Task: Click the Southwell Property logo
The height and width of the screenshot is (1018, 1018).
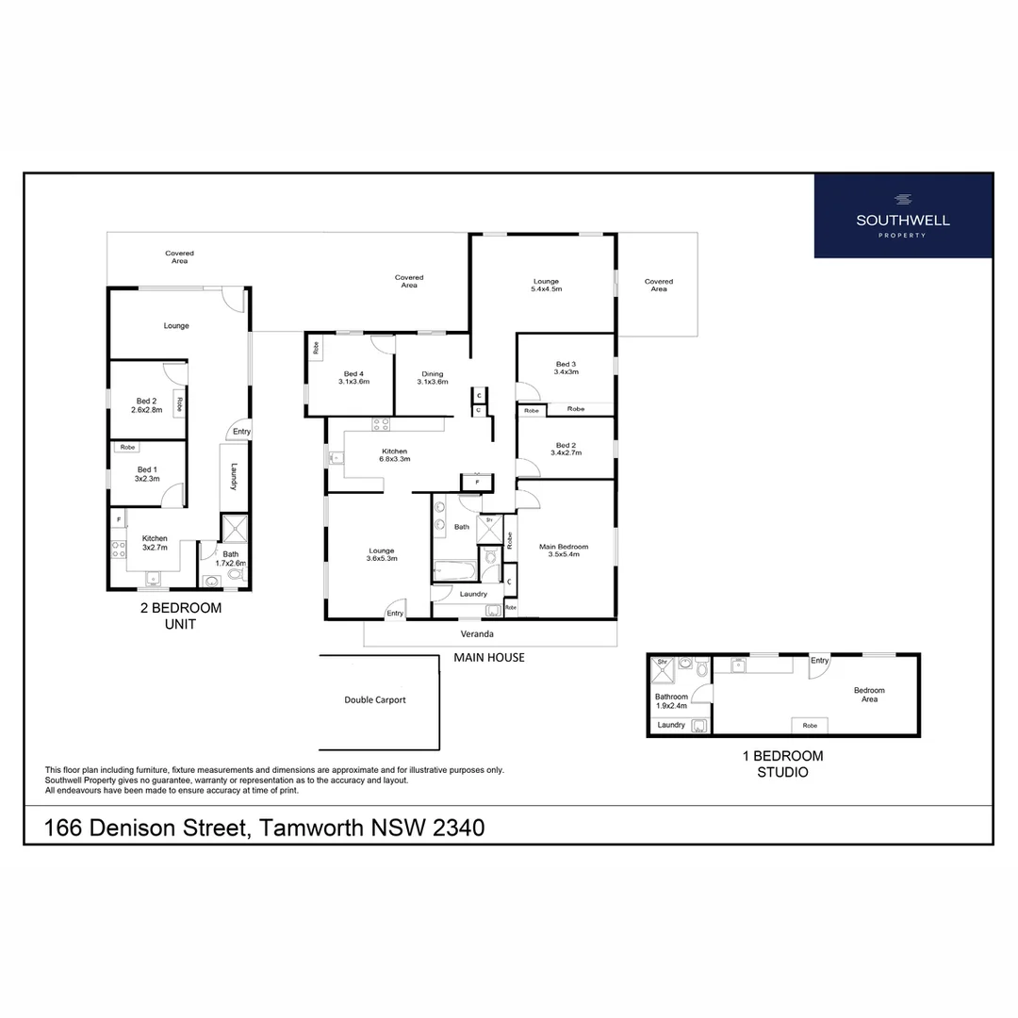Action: click(902, 216)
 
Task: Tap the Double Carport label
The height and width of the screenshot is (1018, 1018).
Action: click(375, 700)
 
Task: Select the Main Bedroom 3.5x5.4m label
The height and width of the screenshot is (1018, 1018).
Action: click(564, 550)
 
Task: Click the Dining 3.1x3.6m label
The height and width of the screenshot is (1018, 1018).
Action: click(433, 377)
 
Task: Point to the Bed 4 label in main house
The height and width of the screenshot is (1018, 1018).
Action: click(353, 377)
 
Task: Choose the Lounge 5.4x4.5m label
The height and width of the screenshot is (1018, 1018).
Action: click(547, 285)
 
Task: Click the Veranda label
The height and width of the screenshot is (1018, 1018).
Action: click(477, 633)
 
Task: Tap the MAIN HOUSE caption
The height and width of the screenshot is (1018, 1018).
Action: click(489, 657)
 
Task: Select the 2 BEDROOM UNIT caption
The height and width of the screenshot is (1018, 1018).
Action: click(181, 616)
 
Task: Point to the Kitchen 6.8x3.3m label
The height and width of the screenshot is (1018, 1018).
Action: click(394, 454)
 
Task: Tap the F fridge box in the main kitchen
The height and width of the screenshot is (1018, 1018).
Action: click(477, 483)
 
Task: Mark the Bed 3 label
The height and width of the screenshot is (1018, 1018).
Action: click(566, 368)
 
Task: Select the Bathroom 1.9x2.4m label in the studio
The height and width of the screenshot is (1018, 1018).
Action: click(671, 700)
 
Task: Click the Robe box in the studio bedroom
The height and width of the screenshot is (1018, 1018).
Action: click(810, 725)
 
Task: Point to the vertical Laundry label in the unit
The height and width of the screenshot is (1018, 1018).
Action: click(233, 474)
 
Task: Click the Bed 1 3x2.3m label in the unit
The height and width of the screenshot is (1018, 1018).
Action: click(147, 473)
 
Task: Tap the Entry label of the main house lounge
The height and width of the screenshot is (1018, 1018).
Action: click(395, 614)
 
